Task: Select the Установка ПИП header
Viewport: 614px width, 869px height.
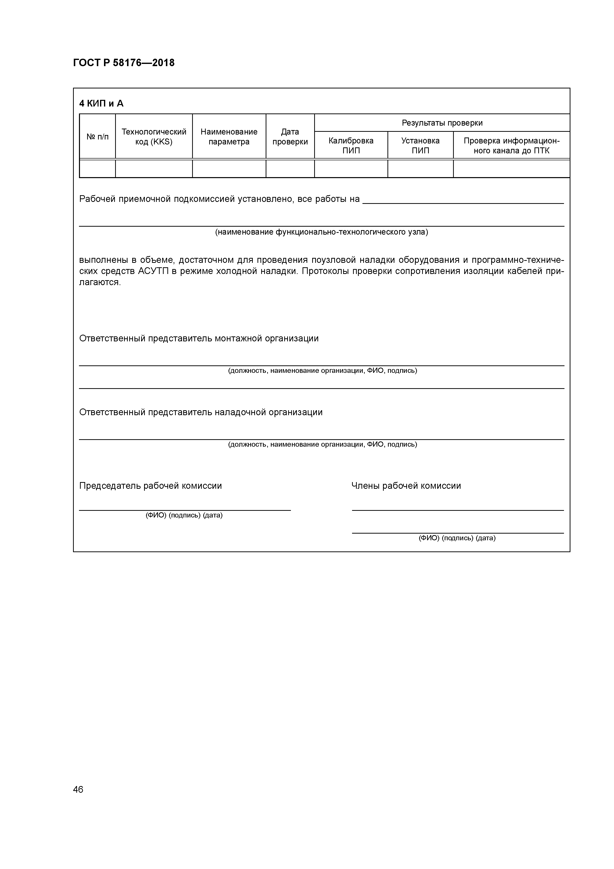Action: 420,145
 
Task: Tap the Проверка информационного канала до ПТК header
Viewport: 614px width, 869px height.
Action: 512,145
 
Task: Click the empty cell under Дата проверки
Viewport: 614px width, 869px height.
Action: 290,169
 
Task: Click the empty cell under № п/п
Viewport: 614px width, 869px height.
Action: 98,169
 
